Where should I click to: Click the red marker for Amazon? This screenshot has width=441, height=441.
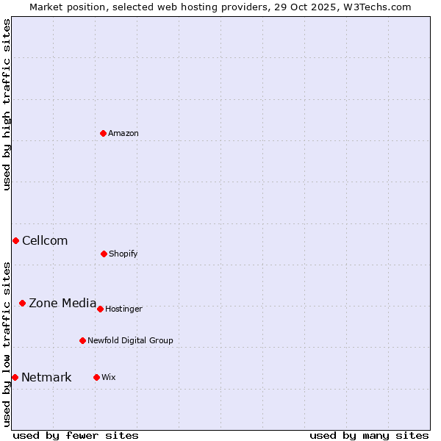103,133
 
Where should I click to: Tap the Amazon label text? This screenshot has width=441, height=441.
123,133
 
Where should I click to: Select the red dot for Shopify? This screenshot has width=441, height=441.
104,254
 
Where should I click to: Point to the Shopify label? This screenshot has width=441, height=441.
123,254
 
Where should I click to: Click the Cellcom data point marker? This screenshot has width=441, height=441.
15,240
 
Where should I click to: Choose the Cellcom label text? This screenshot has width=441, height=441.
45,240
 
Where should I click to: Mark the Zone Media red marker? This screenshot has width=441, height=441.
22,303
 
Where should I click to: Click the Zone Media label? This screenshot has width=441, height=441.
62,303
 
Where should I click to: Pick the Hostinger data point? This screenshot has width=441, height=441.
100,309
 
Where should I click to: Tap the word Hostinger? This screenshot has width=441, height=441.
123,309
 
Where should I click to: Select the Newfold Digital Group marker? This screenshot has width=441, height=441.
82,340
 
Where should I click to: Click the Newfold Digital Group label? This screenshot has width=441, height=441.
130,340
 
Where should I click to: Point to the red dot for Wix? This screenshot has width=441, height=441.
96,377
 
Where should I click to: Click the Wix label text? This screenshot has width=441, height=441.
109,377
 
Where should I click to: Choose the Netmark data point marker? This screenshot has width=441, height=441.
15,377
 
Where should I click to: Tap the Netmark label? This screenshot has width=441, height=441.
46,377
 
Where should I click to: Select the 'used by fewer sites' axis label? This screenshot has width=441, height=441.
76,435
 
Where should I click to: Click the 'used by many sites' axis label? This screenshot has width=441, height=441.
369,435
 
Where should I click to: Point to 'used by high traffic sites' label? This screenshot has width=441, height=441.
7,104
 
